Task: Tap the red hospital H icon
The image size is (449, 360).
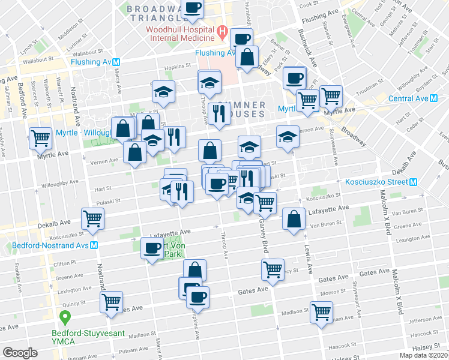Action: tap(222, 31)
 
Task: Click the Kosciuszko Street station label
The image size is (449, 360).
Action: tap(375, 182)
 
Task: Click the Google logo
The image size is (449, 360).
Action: tap(20, 353)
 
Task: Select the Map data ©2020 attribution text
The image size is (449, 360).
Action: tap(423, 355)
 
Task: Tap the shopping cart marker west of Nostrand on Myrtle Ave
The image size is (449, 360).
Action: tap(40, 137)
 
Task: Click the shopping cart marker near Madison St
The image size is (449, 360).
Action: tap(322, 311)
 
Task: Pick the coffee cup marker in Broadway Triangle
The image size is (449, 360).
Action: tap(193, 8)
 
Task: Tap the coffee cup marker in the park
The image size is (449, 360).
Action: tap(152, 247)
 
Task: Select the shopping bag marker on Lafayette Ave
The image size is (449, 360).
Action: tap(293, 219)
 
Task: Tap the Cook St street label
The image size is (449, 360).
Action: tap(309, 4)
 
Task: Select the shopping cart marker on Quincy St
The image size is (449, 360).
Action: tap(112, 303)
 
